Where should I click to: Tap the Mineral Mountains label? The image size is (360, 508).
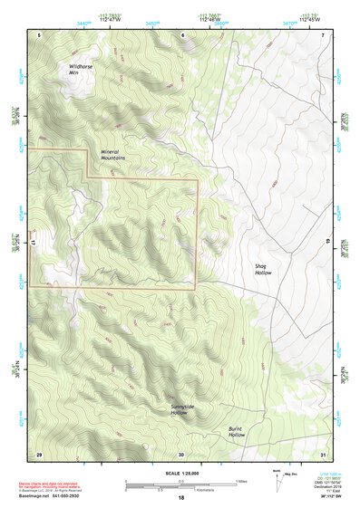point(112,154)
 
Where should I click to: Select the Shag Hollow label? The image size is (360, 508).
point(263,269)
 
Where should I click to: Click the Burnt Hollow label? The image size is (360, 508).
point(238,432)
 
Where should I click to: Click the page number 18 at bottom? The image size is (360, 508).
point(180,497)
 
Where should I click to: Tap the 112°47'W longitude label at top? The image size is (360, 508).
point(115,18)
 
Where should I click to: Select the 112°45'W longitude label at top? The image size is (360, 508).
point(302,18)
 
